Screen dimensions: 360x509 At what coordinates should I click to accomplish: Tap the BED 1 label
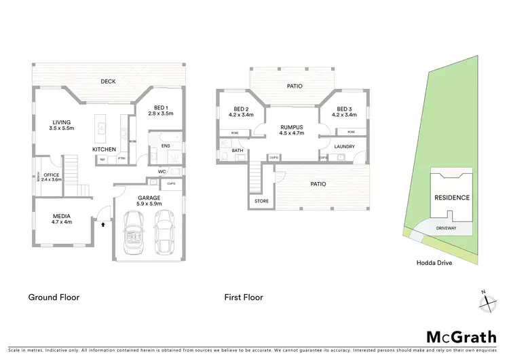[x=162, y=111]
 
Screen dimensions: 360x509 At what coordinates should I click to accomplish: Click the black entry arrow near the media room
[x=102, y=222]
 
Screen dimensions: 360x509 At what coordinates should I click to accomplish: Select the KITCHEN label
[x=105, y=149]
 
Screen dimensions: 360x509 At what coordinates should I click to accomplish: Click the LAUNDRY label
[x=344, y=146]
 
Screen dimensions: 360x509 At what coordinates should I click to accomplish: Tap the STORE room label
[x=261, y=201]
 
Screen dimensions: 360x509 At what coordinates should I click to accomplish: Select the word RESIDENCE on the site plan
[x=451, y=198]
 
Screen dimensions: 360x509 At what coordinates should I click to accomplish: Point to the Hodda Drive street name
[x=434, y=262]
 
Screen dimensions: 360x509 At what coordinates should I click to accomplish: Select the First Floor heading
[x=244, y=297]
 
